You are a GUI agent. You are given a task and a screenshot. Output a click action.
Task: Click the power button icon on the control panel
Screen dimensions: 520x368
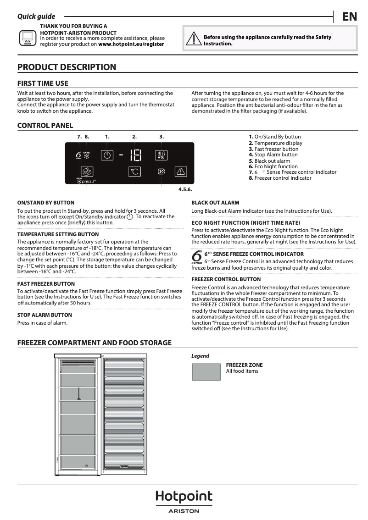click(106, 155)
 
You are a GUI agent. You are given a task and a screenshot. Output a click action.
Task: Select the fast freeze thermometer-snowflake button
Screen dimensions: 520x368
click(162, 155)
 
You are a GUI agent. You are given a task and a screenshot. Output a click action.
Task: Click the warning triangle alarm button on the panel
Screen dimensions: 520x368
click(181, 172)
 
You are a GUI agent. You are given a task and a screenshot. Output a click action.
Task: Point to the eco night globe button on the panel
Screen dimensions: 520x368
click(87, 172)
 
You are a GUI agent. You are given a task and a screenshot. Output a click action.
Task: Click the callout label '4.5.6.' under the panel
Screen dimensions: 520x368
click(185, 189)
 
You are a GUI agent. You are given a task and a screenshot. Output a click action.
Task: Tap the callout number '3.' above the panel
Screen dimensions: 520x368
click(162, 137)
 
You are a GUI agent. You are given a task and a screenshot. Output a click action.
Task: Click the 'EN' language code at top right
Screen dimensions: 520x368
click(349, 17)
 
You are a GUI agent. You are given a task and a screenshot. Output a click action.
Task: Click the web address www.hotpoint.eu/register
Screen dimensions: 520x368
click(131, 44)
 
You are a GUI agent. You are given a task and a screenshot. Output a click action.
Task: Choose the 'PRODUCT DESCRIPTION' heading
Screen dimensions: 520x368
click(67, 67)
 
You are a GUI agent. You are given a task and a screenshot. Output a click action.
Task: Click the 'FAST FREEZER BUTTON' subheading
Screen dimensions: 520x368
click(45, 284)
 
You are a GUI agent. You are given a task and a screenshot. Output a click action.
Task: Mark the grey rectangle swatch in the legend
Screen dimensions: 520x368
click(206, 371)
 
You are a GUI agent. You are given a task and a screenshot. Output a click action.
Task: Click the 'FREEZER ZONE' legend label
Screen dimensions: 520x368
click(244, 365)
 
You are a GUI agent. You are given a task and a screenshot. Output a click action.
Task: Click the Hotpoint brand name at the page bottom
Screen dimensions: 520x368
click(184, 497)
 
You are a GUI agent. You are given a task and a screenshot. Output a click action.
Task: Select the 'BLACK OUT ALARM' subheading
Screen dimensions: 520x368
click(215, 203)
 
